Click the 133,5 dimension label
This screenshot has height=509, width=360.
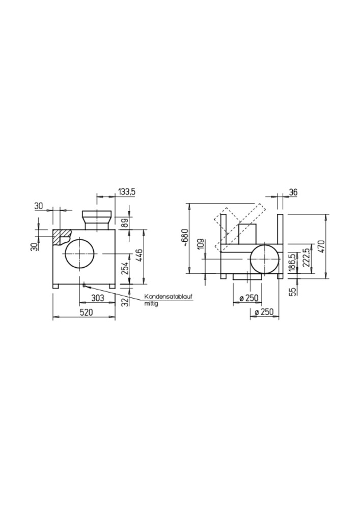(x=127, y=192)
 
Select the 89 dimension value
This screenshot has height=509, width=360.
(x=125, y=223)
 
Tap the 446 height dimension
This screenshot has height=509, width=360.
(x=139, y=256)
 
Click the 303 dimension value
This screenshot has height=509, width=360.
(x=97, y=298)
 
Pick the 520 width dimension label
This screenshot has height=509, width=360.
(x=87, y=313)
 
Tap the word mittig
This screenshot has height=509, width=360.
(x=151, y=304)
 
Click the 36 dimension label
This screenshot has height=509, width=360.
(x=293, y=192)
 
